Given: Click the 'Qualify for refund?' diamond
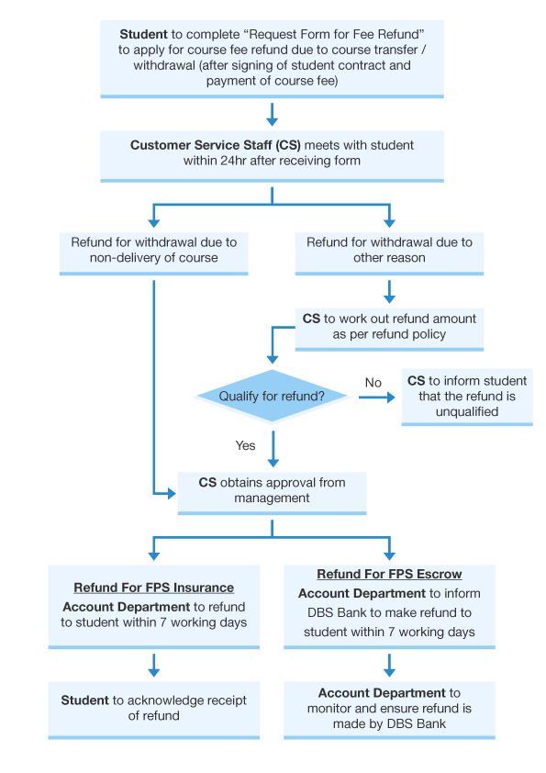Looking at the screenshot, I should [272, 397].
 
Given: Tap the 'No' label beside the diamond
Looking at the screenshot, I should [373, 383].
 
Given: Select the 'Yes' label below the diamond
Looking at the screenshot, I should [245, 445].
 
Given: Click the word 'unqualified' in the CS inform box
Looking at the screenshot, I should [466, 411].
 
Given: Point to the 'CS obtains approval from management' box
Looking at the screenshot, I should [272, 491].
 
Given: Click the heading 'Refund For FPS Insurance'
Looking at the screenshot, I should [153, 588].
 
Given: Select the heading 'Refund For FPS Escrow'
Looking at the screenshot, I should [389, 575].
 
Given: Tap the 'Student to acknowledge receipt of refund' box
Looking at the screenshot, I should [153, 708].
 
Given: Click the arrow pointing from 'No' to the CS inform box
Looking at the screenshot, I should [377, 398].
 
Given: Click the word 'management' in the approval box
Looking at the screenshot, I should [272, 499].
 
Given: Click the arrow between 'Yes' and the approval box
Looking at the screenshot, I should [273, 453].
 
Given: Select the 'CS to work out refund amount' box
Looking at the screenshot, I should [389, 327].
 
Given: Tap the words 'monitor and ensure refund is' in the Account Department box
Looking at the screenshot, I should [389, 709].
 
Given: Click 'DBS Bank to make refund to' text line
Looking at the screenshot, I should [389, 612].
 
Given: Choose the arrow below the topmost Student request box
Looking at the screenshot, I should [272, 115].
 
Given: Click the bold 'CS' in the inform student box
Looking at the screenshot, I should [416, 380].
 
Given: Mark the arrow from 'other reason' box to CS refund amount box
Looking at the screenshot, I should [389, 292].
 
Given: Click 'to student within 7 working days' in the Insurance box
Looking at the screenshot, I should [153, 622].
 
